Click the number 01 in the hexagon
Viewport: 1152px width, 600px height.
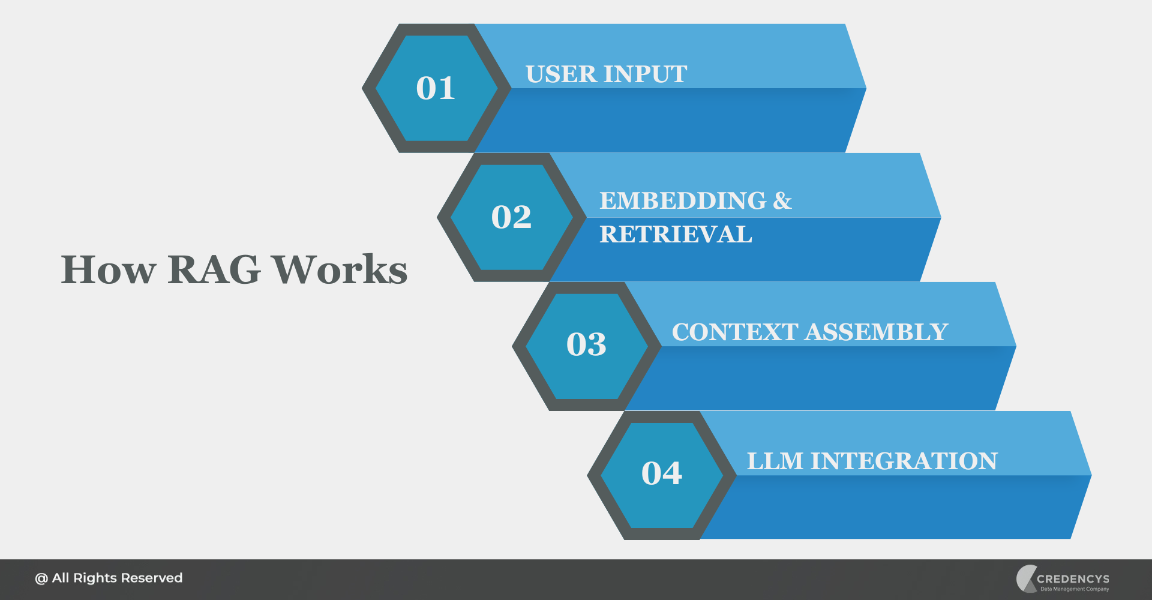(x=436, y=88)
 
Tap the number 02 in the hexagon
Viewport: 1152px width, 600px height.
(x=511, y=217)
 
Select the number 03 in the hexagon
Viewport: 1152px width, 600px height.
(x=586, y=344)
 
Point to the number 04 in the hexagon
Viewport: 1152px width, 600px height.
(x=662, y=473)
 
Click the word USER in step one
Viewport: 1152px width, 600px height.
(x=562, y=74)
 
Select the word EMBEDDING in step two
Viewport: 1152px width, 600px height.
(x=683, y=201)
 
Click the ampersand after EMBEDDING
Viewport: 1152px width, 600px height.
(x=782, y=201)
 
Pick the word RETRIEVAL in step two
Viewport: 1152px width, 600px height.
(x=676, y=235)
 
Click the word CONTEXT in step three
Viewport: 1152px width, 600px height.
(x=734, y=332)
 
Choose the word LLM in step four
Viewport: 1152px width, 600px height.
(x=775, y=461)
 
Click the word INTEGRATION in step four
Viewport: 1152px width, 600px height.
(x=904, y=461)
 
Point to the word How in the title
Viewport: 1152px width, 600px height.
(x=109, y=269)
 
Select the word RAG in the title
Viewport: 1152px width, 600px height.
(x=214, y=269)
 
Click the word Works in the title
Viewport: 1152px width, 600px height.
(x=340, y=269)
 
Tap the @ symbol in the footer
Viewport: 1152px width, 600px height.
(x=41, y=578)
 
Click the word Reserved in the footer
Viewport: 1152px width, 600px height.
(x=151, y=578)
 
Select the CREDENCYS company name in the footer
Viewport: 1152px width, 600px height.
(x=1073, y=579)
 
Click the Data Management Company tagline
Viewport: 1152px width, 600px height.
(x=1075, y=589)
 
